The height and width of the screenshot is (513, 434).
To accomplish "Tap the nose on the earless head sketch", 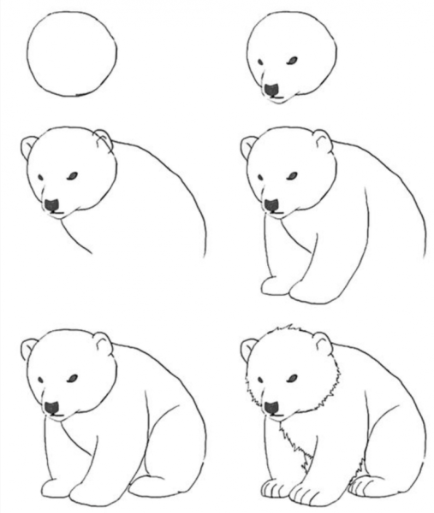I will pyautogui.click(x=271, y=89).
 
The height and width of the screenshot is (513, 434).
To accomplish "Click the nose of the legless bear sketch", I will pyautogui.click(x=52, y=205).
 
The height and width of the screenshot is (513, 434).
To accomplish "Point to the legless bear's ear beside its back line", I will pyautogui.click(x=104, y=139).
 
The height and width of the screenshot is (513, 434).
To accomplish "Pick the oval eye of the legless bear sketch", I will pyautogui.click(x=72, y=176).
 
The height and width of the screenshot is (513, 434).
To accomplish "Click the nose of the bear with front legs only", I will pyautogui.click(x=271, y=205).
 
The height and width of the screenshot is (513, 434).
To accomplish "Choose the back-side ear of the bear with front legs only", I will pyautogui.click(x=322, y=140).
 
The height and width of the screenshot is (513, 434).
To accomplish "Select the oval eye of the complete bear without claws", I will pyautogui.click(x=72, y=378).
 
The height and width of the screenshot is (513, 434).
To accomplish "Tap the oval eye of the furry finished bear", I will pyautogui.click(x=291, y=378).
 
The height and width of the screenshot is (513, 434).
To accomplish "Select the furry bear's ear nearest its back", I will pyautogui.click(x=322, y=343).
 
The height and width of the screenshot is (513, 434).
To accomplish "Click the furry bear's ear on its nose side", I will pyautogui.click(x=249, y=348).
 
